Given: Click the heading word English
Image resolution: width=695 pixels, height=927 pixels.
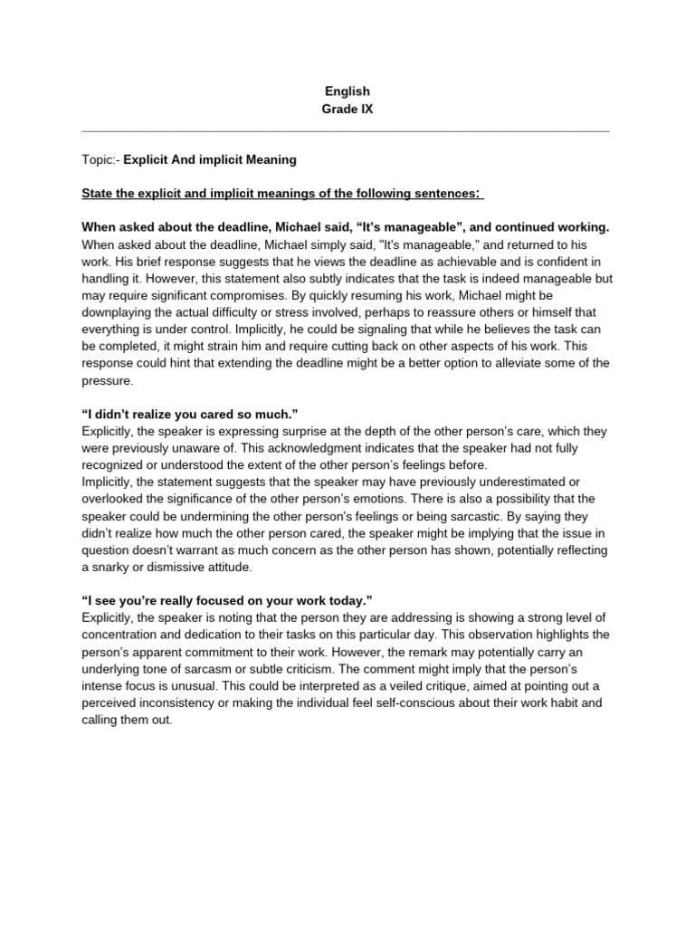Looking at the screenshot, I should tap(347, 91).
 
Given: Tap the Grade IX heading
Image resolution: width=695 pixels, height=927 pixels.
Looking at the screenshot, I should tap(347, 110).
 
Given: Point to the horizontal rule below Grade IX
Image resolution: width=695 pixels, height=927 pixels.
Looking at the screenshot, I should tap(347, 131).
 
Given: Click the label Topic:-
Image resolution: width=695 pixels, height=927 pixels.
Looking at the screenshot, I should tap(100, 160).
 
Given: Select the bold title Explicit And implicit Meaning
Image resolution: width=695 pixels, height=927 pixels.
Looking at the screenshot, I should tap(210, 160).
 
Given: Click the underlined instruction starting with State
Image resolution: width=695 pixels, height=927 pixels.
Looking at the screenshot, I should tap(282, 194).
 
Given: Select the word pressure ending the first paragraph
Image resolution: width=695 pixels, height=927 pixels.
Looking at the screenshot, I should tap(107, 381).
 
